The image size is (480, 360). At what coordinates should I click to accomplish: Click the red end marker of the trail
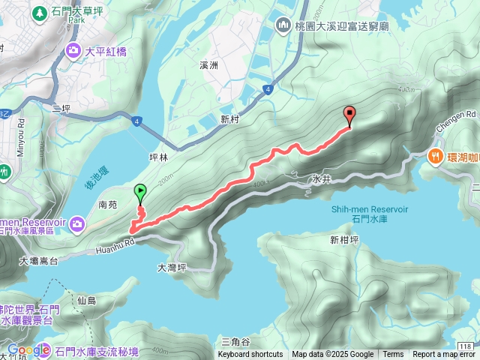(x=349, y=115)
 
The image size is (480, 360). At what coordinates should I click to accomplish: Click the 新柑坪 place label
(x=343, y=240)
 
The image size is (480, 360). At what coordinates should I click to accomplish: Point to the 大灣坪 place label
(x=171, y=267)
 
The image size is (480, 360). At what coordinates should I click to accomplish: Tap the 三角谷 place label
(x=235, y=341)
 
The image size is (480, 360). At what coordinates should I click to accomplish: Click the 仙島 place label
(x=87, y=301)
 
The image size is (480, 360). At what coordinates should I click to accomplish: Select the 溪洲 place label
(x=208, y=66)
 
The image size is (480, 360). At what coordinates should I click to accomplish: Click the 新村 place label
(x=229, y=119)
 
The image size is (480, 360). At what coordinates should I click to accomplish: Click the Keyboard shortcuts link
(x=250, y=355)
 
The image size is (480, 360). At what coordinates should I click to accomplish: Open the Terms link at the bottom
(x=393, y=355)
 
